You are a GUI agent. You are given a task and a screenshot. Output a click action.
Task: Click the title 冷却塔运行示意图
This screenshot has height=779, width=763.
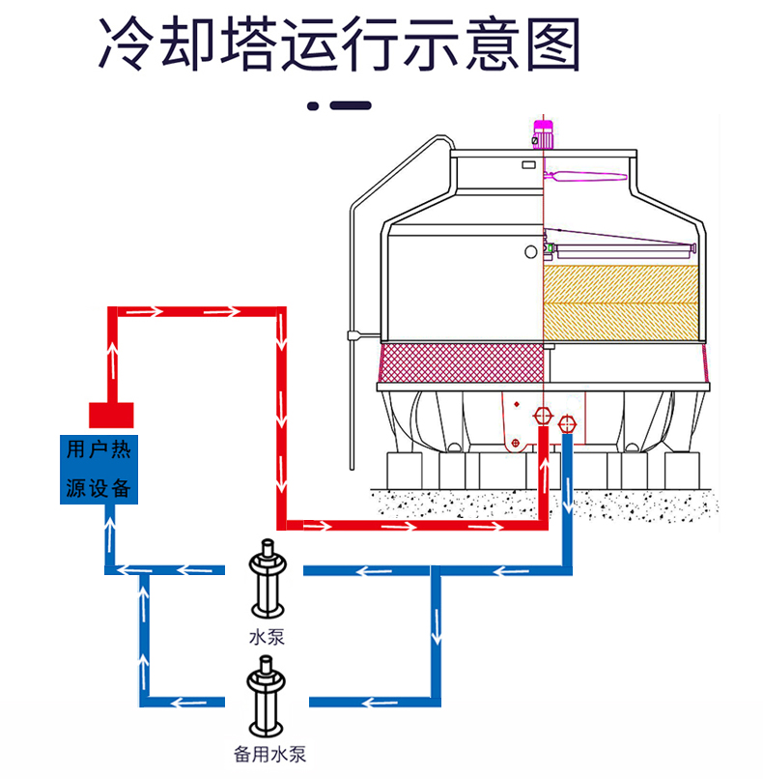click(340, 43)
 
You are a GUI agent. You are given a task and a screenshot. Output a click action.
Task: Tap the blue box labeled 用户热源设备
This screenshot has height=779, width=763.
click(97, 469)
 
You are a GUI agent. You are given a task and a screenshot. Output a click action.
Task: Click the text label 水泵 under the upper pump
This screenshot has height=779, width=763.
click(267, 637)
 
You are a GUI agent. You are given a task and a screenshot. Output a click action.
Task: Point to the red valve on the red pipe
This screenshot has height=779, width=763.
click(542, 418)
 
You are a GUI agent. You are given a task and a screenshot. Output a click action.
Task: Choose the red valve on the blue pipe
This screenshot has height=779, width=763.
click(567, 421)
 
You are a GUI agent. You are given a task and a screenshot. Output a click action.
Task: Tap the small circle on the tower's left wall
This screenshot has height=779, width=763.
click(530, 251)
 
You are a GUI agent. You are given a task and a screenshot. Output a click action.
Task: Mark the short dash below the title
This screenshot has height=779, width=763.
click(351, 106)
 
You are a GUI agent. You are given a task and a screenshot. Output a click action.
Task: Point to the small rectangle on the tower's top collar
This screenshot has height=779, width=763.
click(528, 164)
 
